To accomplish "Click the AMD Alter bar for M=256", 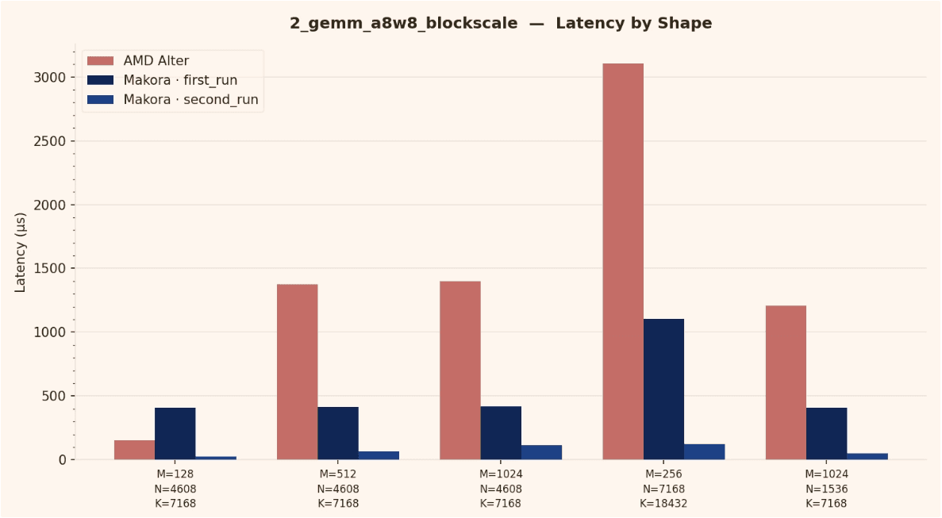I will point(623,262).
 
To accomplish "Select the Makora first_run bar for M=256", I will point(663,389).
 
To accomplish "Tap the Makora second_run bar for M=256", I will point(704,451).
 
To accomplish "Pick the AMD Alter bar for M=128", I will point(134,450).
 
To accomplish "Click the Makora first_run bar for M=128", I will point(175,433).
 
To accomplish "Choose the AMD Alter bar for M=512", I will point(297,371).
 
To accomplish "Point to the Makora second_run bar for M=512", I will point(379,455).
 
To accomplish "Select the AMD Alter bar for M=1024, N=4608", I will point(460,370).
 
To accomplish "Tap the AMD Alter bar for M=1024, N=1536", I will point(786,382).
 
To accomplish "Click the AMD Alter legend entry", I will point(156,61).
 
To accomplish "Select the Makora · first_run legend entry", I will point(180,80).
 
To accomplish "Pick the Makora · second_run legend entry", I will point(190,100).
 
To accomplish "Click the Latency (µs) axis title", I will point(21,252).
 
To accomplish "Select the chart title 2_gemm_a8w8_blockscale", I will point(501,23).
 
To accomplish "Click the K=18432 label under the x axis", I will point(663,503).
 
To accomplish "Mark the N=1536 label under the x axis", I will point(826,489).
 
